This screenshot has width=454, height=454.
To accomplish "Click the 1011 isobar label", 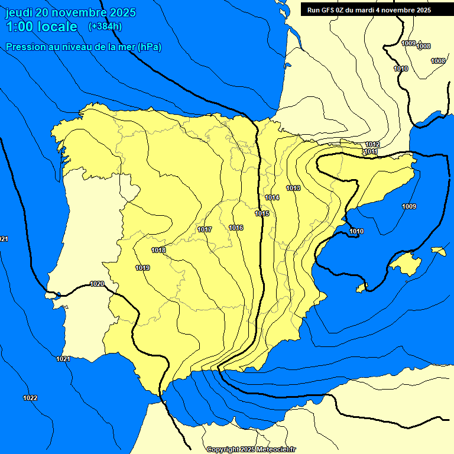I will (x=371, y=152).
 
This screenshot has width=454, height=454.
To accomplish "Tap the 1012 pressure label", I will (x=372, y=145).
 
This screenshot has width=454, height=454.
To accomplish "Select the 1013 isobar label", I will (x=293, y=188).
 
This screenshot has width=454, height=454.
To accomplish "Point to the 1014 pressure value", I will (x=272, y=197).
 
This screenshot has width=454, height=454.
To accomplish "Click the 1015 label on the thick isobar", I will (x=262, y=213).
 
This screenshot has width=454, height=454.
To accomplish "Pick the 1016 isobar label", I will (x=236, y=228).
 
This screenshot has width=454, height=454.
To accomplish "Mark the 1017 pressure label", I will (x=205, y=229).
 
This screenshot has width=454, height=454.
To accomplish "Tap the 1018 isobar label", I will (x=158, y=250).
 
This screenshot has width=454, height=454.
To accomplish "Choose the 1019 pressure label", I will (x=142, y=268).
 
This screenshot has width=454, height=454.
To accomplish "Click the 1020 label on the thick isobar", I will (x=97, y=284).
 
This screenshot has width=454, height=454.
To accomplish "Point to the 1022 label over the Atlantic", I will (x=30, y=398).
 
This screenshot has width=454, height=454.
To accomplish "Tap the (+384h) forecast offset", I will (x=105, y=27).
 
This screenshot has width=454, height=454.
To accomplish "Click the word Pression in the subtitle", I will (x=25, y=47).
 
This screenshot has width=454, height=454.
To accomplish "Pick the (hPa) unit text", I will (x=149, y=47).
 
